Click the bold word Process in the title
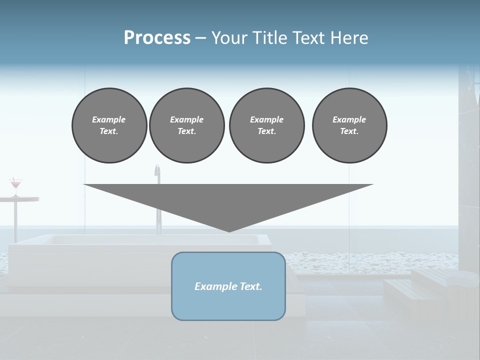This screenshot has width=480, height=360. [x=157, y=38]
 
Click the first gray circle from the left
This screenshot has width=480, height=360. [x=109, y=125]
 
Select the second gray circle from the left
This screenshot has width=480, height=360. [x=186, y=125]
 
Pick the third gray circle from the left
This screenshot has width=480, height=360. [x=266, y=125]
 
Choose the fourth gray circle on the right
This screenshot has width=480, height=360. [x=349, y=125]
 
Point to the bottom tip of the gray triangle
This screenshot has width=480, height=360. [x=229, y=231]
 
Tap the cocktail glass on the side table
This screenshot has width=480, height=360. [x=16, y=185]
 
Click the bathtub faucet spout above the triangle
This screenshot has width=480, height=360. [x=157, y=170]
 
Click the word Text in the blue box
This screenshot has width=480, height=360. [x=251, y=286]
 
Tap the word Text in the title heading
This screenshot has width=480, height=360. [x=306, y=38]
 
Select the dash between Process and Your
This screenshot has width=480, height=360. [x=201, y=38]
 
